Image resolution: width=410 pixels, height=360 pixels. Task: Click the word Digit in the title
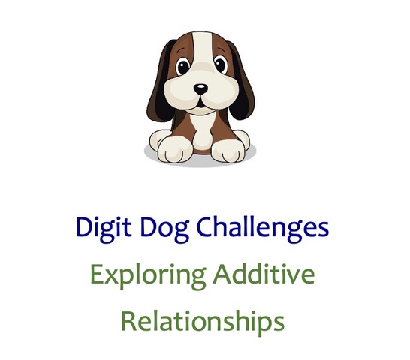tap(104, 227)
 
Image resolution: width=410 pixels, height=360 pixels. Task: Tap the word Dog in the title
tap(164, 228)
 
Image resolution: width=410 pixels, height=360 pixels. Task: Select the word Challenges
tap(262, 227)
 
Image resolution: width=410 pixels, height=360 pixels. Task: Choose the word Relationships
tap(203, 322)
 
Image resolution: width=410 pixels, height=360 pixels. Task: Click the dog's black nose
tap(200, 89)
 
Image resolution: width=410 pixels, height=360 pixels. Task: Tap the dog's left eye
tap(182, 66)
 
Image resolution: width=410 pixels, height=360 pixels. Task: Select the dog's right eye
tap(221, 64)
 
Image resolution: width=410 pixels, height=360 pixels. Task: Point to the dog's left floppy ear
tap(160, 83)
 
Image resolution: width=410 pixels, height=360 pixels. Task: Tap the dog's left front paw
tap(174, 150)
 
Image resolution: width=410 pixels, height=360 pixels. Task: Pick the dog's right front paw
tap(227, 151)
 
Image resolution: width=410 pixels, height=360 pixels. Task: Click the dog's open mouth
tap(200, 103)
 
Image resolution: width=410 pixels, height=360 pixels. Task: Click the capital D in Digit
tap(84, 226)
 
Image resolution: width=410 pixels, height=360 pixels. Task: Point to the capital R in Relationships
tap(129, 321)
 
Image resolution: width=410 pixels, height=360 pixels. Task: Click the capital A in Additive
tap(222, 274)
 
